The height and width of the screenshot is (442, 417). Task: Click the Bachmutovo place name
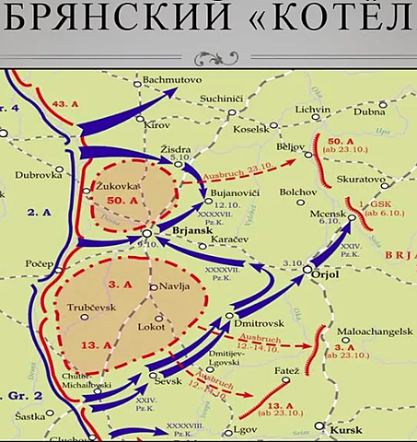172,80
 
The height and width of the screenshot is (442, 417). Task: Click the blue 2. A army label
38,213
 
